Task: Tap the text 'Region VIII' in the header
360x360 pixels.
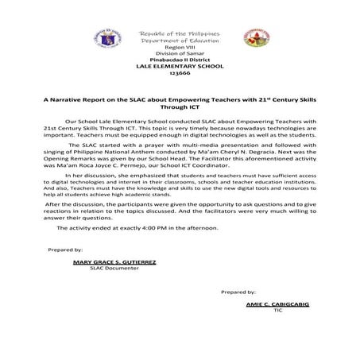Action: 178,47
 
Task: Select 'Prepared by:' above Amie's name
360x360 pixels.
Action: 238,292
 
